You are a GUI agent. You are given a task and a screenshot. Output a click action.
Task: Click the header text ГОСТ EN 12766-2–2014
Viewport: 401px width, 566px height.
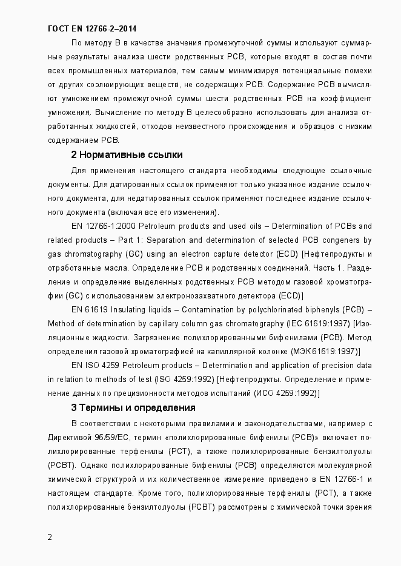coord(91,28)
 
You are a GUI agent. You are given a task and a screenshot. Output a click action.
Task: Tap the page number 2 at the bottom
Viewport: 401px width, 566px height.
coord(50,538)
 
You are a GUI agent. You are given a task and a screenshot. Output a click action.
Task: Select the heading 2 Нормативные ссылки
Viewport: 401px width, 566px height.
coord(127,154)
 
